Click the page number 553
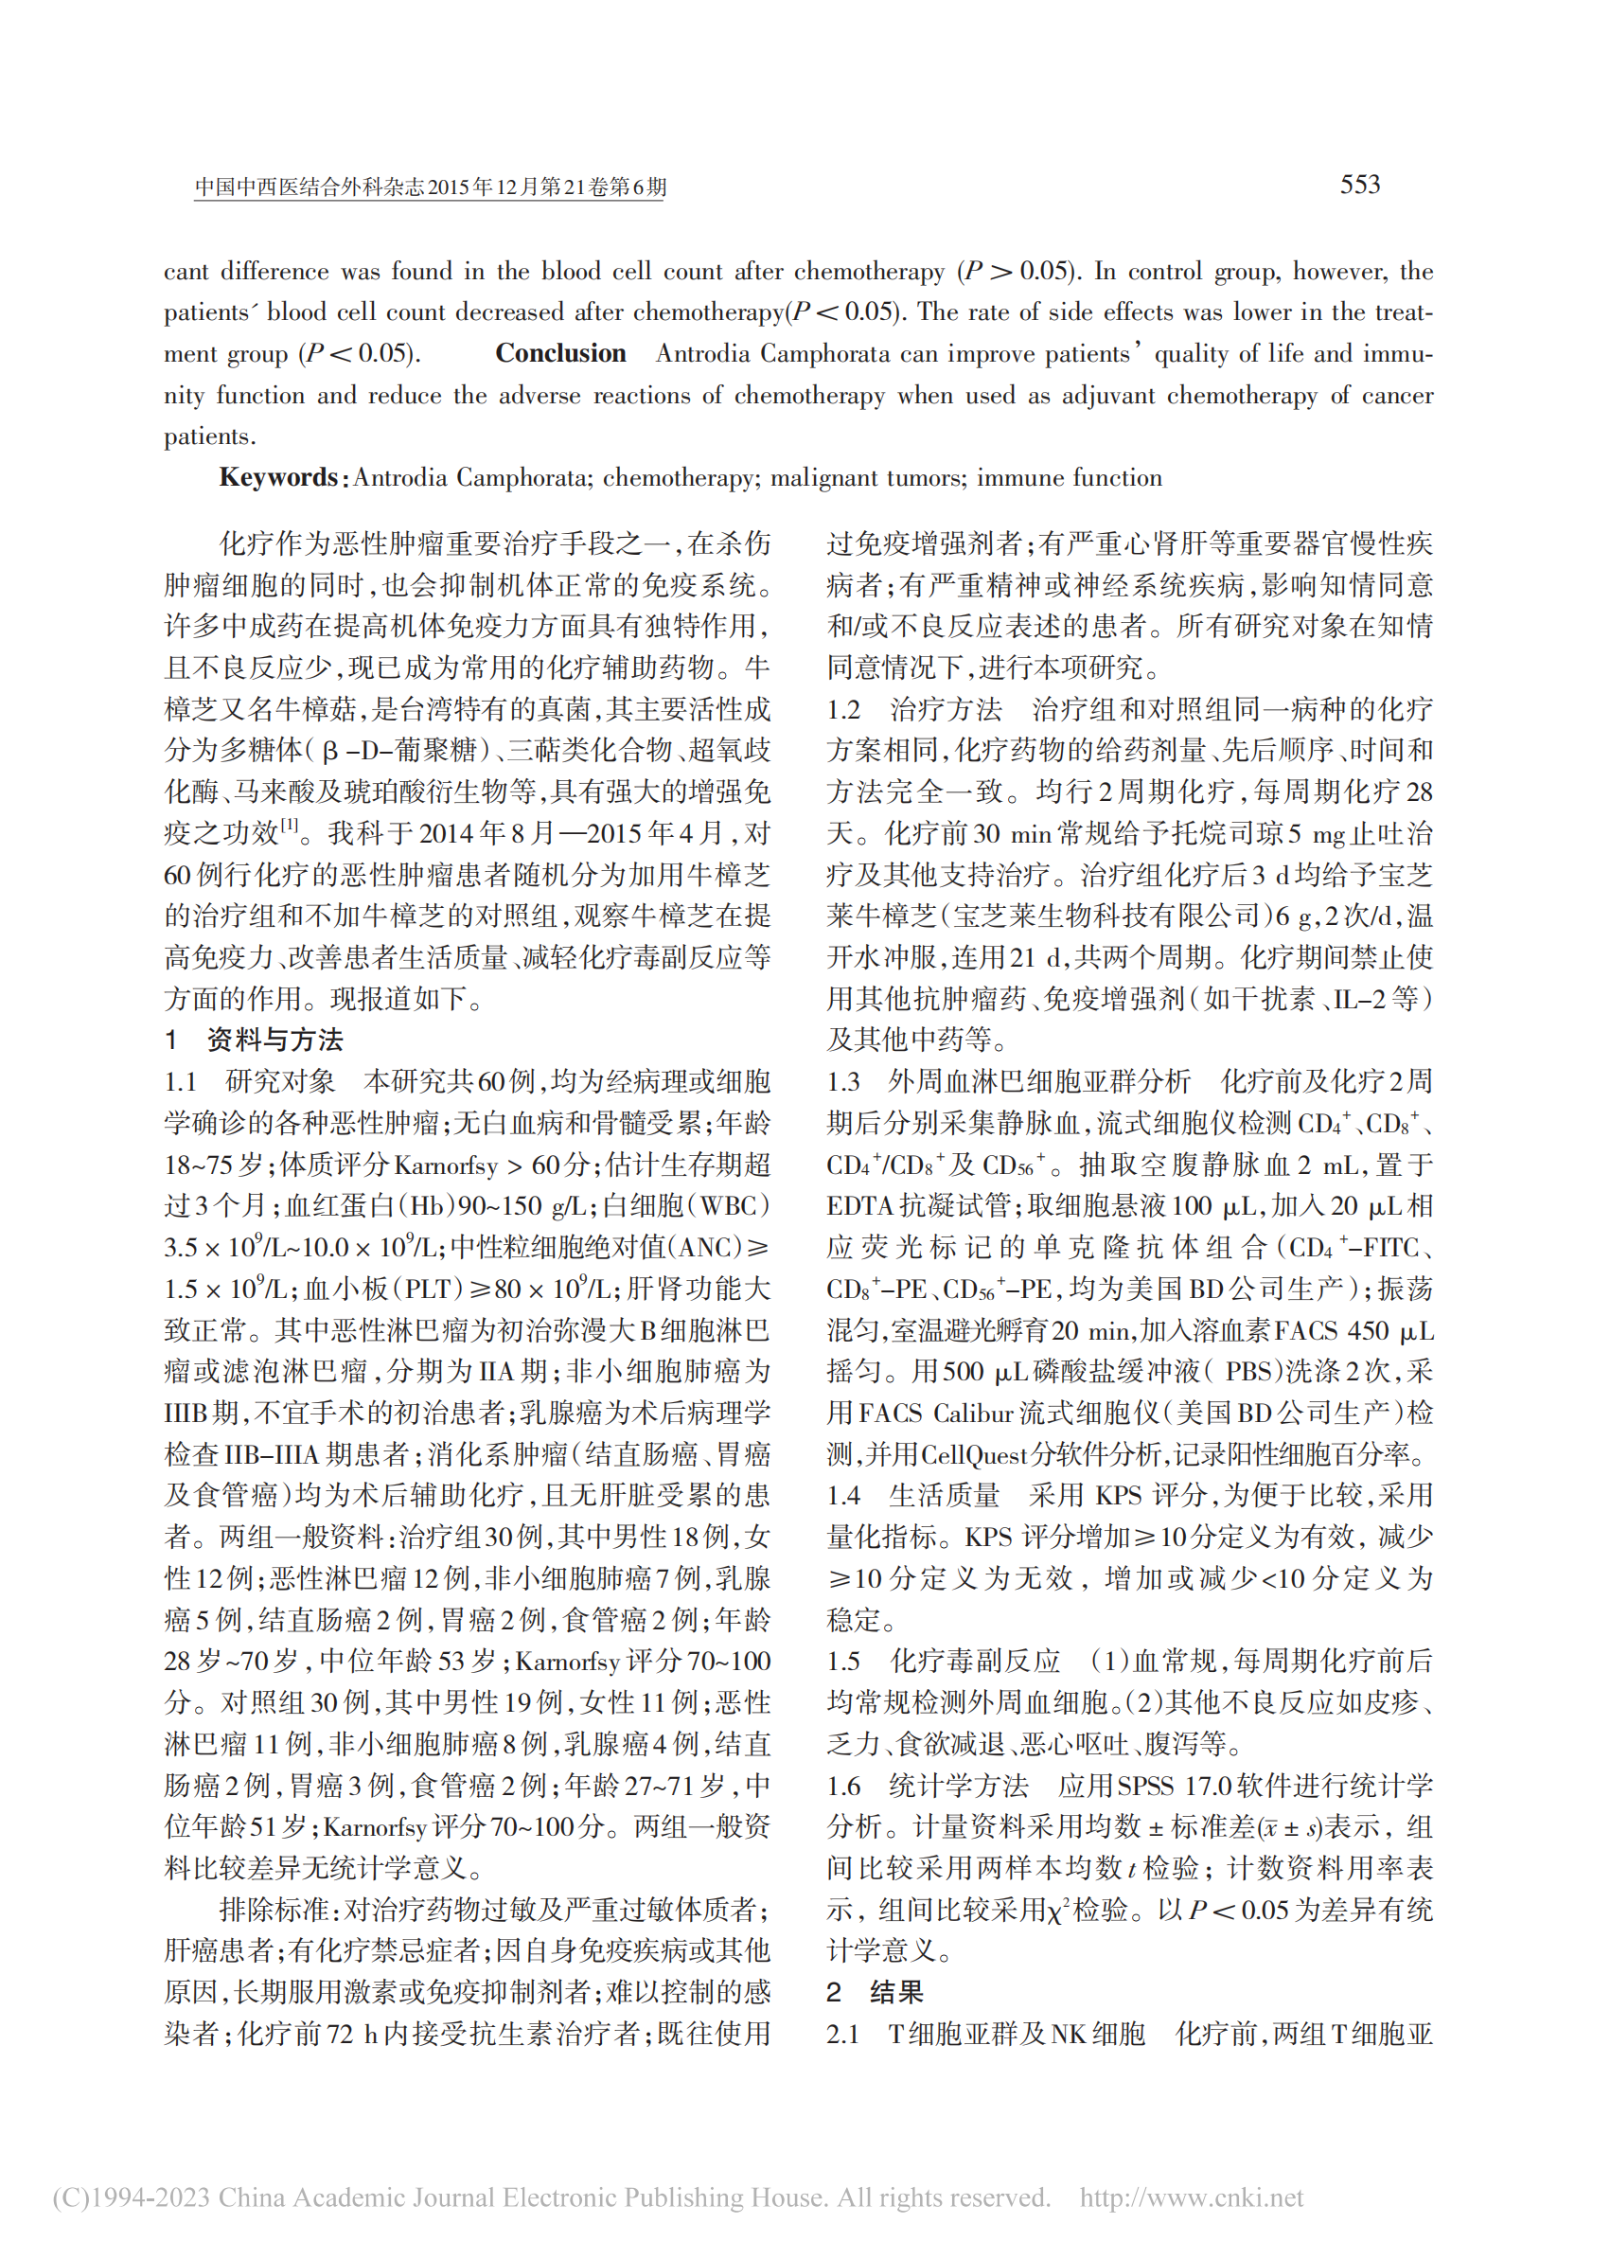click(1359, 185)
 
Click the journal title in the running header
click(430, 187)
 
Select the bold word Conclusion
click(560, 354)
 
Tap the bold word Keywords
click(278, 478)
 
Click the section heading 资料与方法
click(274, 1040)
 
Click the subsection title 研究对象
click(280, 1081)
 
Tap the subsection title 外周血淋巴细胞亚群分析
click(1039, 1081)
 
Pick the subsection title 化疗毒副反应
click(975, 1660)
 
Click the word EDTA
click(859, 1206)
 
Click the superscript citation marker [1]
click(290, 824)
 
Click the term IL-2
click(1360, 999)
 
